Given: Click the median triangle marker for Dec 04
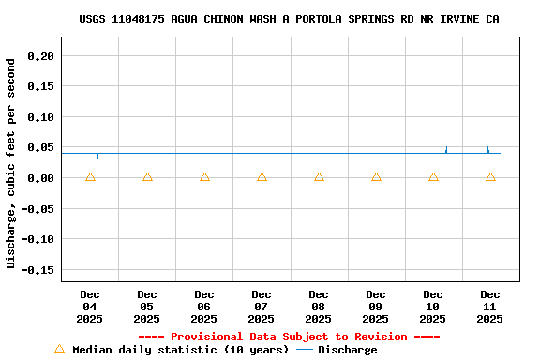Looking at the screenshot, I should click(x=90, y=177).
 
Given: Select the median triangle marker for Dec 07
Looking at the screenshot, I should click(x=262, y=177).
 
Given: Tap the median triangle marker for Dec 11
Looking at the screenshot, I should click(x=490, y=177).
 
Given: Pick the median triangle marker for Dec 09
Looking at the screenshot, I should click(x=376, y=177).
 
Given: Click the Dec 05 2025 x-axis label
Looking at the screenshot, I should click(x=147, y=307).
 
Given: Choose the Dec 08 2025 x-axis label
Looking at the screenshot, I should click(x=319, y=307).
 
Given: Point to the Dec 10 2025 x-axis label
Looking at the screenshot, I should click(x=433, y=307).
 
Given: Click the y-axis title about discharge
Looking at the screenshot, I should click(x=11, y=164).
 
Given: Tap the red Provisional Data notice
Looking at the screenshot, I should click(x=289, y=337).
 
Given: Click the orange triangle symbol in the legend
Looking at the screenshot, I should click(x=59, y=349).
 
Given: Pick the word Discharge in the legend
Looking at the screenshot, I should click(x=347, y=350).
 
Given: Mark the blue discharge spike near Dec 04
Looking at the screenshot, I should click(x=97, y=156).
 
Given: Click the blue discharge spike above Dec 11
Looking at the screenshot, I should click(x=487, y=149).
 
